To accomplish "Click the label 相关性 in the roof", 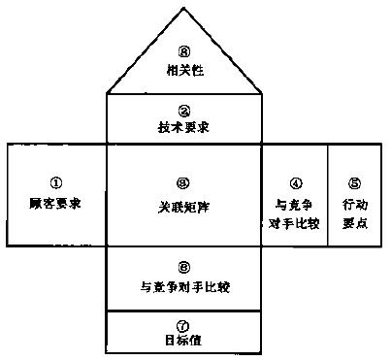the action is [184, 69].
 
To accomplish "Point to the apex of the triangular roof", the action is [184, 8].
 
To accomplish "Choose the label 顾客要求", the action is [54, 205].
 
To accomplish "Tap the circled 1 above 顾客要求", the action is [54, 181].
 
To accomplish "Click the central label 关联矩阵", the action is [184, 205].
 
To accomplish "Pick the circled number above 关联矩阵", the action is [184, 181].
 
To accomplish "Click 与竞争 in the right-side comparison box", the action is [295, 205].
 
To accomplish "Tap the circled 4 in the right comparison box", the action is [295, 183].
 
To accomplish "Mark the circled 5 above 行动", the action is [354, 181].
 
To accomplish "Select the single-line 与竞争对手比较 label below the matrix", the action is [184, 286].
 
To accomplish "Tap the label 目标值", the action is [184, 340].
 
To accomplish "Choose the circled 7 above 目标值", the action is [184, 324].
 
